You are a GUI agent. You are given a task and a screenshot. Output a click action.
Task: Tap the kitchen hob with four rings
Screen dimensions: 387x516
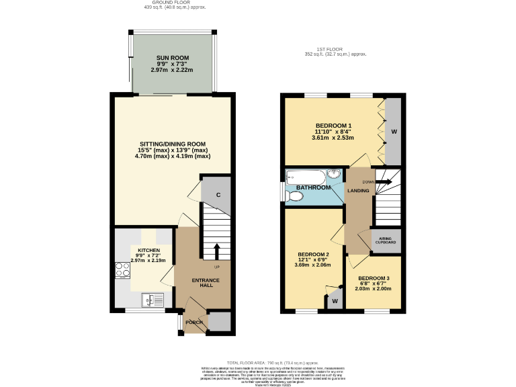(123, 270)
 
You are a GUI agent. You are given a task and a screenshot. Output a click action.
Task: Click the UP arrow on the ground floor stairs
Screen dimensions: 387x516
(216, 251)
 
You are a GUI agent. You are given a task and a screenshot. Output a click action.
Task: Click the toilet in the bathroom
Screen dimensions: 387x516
(293, 196)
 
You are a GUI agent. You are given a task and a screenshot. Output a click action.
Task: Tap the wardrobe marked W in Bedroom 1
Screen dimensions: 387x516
(393, 132)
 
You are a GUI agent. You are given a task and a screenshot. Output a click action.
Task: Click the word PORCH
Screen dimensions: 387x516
(194, 322)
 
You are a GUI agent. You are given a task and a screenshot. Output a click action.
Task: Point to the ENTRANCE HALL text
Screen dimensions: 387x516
(202, 284)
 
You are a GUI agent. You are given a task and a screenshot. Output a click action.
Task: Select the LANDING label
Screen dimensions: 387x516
(357, 191)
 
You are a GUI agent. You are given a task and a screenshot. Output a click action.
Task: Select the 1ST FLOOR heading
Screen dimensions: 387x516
(334, 49)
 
